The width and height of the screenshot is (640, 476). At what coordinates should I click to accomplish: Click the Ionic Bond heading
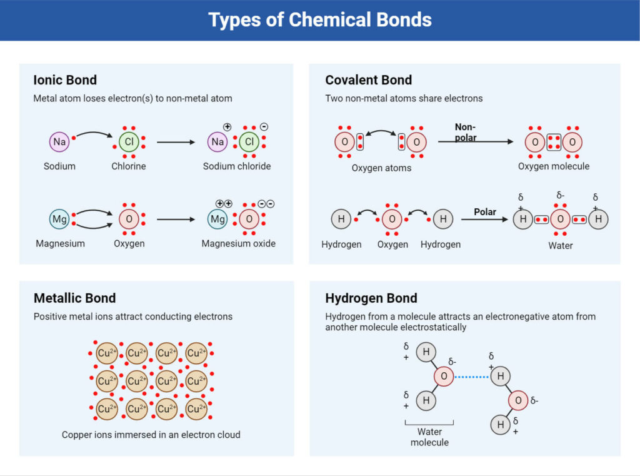[65, 80]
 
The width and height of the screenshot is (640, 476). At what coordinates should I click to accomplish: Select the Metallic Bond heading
[74, 298]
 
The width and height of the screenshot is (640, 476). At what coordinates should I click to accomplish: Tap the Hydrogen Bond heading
[371, 298]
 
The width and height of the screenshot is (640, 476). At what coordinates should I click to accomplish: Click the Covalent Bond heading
[369, 80]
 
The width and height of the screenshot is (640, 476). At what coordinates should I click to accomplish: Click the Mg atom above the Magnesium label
[59, 220]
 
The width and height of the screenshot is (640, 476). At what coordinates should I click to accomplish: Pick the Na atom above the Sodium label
[59, 142]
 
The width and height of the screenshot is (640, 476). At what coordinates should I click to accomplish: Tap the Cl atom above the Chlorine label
[129, 142]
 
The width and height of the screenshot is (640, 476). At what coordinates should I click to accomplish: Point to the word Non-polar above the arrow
[466, 132]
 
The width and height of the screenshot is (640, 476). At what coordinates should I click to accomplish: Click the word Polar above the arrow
[485, 212]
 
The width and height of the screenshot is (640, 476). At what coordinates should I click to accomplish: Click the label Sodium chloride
[237, 166]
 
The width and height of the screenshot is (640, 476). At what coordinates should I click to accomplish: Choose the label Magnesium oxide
[238, 243]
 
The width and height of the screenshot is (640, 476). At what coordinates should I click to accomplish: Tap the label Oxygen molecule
[554, 166]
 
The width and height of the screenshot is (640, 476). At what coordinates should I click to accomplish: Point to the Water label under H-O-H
[561, 245]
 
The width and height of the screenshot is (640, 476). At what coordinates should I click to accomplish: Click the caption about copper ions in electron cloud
[151, 434]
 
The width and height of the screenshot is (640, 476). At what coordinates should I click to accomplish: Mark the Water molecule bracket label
[430, 437]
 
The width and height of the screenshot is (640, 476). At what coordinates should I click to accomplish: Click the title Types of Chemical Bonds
[320, 20]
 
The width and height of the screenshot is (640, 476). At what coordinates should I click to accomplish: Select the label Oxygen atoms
[381, 168]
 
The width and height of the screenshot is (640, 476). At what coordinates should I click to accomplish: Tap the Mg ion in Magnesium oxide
[217, 220]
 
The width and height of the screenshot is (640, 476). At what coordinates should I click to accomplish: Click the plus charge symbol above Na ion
[227, 127]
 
